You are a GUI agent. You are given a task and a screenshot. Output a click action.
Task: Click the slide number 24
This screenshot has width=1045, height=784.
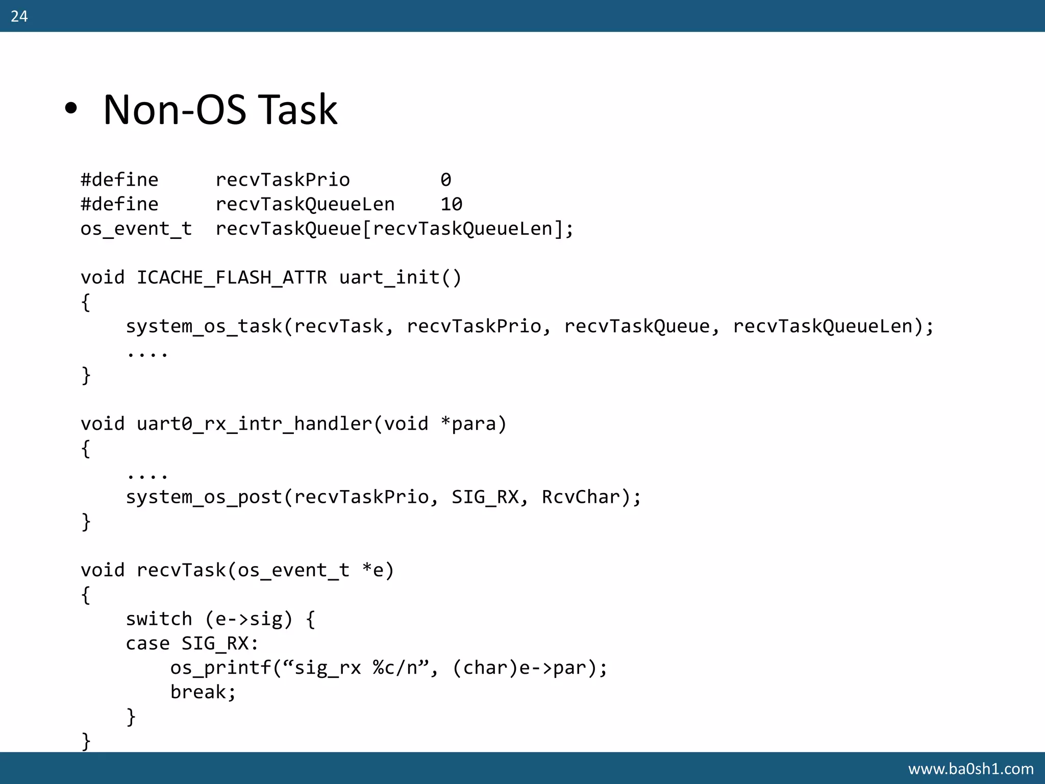pos(19,16)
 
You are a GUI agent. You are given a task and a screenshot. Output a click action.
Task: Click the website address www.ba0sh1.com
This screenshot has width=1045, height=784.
pos(971,768)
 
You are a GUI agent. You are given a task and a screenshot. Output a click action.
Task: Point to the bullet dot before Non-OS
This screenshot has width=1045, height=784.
pos(71,109)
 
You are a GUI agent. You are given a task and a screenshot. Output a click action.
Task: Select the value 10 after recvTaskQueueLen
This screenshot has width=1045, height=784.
pos(451,204)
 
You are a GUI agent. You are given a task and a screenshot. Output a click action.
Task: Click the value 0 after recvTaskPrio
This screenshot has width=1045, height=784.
pos(445,180)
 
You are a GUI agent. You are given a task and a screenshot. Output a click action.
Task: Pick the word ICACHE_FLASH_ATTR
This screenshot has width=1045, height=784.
pos(232,277)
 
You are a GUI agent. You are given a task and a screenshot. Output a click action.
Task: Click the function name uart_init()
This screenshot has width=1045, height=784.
pos(400,277)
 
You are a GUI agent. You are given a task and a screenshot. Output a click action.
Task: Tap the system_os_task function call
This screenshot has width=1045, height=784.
pos(204,326)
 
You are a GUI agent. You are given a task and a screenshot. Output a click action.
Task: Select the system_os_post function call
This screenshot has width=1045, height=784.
pos(204,497)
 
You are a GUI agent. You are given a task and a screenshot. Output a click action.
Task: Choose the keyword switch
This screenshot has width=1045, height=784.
pos(159,619)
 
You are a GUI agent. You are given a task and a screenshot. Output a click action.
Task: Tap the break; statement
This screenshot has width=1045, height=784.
pos(203,692)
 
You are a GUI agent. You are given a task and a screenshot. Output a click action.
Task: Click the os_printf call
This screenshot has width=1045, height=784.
pos(220,668)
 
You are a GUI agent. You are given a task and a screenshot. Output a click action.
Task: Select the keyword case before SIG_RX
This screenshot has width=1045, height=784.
pos(147,643)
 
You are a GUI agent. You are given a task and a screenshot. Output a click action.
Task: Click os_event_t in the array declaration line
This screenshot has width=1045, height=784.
pos(136,229)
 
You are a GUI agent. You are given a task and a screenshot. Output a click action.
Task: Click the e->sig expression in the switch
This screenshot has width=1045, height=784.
pos(249,619)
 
